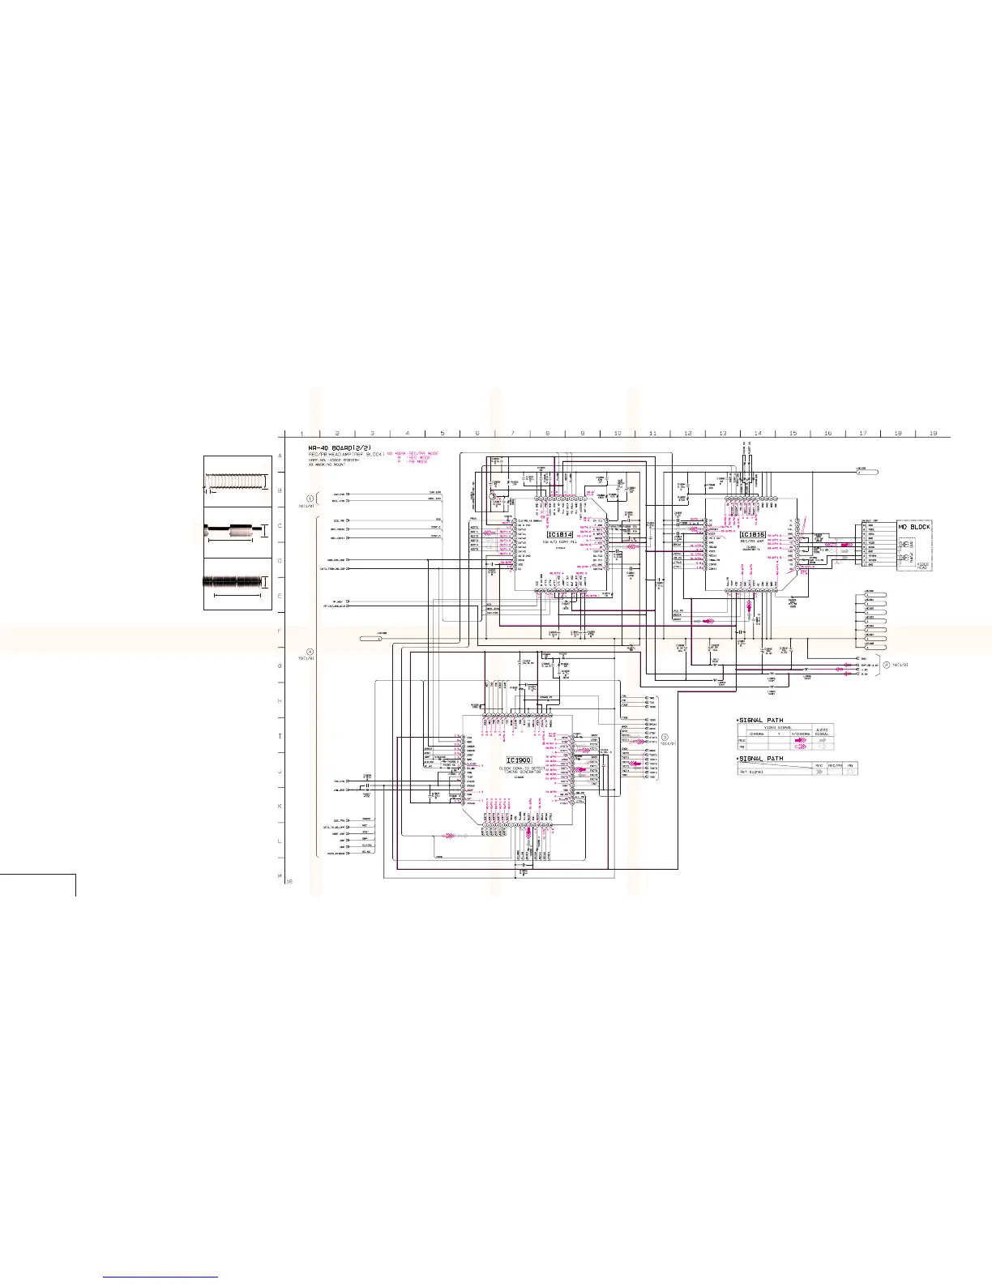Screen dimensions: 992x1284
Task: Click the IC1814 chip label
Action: tap(560, 535)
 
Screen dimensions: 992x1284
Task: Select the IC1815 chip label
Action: tap(753, 535)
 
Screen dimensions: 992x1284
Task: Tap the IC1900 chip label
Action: tap(519, 760)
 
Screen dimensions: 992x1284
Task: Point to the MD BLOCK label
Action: tap(914, 527)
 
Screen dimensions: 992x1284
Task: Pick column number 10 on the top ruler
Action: tap(618, 434)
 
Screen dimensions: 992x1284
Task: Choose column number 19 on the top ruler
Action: tap(933, 434)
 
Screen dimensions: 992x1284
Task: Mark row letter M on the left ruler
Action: tap(280, 876)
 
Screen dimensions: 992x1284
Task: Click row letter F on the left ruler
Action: tap(280, 631)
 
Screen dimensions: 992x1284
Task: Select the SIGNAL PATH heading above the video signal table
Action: tap(761, 720)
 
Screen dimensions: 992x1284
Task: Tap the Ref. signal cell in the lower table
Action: tap(750, 772)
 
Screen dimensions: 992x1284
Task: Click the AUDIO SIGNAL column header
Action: tap(822, 731)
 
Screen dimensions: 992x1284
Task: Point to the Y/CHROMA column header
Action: tap(801, 734)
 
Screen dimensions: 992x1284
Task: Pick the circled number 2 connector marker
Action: tap(886, 665)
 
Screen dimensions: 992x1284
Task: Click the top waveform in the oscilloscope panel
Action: tap(237, 481)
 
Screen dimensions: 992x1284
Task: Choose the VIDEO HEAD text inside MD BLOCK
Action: tap(923, 560)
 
